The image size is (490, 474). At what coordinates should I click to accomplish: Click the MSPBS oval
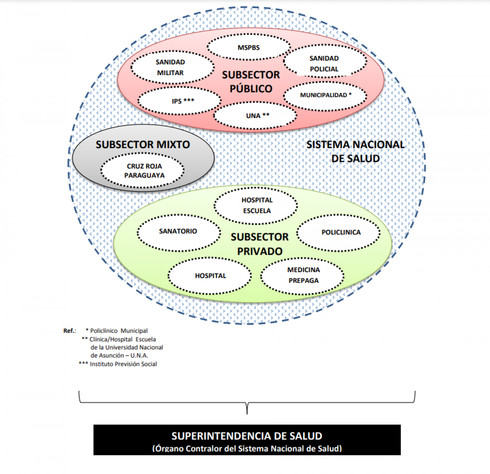[x=249, y=47]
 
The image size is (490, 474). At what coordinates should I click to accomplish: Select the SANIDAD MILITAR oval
[x=173, y=67]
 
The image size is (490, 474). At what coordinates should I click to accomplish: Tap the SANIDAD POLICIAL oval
[x=325, y=61]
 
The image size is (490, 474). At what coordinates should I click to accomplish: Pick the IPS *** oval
[x=180, y=101]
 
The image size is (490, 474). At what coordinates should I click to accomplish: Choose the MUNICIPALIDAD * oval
[x=325, y=96]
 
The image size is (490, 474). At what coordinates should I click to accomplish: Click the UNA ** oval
[x=255, y=115]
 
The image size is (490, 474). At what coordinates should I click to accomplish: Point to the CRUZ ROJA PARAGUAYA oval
[x=143, y=170]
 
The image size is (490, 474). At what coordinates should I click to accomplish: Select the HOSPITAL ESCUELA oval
[x=256, y=206]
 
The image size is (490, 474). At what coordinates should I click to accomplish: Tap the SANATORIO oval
[x=179, y=233]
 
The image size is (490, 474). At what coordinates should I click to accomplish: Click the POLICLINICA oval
[x=338, y=233]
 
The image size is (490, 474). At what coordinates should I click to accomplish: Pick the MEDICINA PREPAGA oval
[x=303, y=276]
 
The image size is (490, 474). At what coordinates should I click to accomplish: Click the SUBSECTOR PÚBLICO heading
[x=251, y=82]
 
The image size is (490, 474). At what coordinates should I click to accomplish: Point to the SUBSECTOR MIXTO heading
[x=143, y=145]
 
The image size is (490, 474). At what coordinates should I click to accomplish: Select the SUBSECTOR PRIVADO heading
[x=260, y=244]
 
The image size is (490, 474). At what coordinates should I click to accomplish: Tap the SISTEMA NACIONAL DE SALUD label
[x=355, y=152]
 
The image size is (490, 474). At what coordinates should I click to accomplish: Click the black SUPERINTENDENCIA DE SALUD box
[x=247, y=440]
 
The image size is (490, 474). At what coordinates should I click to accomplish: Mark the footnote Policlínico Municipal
[x=116, y=331]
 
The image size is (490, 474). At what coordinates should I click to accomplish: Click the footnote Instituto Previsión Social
[x=118, y=364]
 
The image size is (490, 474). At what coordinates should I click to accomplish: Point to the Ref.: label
[x=70, y=331]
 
